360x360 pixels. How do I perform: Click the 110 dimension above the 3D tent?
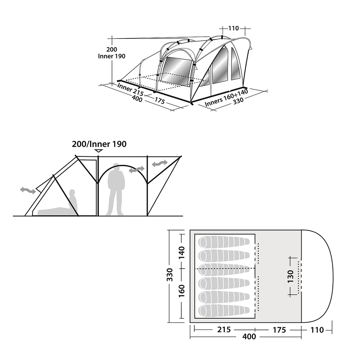[234, 28]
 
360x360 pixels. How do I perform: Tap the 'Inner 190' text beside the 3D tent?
[112, 56]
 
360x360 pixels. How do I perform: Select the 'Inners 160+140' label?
[226, 98]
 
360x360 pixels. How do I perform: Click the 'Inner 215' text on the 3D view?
[130, 90]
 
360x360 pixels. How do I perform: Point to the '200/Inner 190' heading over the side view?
[99, 144]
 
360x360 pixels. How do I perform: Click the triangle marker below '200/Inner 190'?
[99, 151]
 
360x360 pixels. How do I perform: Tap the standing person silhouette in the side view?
[116, 189]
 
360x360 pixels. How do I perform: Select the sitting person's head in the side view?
[72, 192]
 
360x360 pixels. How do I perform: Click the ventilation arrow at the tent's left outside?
[28, 190]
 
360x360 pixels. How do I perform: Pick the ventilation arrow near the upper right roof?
[160, 164]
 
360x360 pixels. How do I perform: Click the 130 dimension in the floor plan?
[290, 276]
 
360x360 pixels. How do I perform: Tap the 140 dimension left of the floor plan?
[182, 252]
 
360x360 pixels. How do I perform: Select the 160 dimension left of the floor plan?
[182, 291]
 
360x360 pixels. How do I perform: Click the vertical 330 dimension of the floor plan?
[170, 274]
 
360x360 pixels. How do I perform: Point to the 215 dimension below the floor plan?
[224, 330]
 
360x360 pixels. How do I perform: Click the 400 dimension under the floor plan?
[249, 336]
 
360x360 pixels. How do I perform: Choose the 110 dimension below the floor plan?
[317, 330]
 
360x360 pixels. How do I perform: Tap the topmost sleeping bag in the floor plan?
[224, 242]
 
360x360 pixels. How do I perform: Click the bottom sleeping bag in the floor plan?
[224, 311]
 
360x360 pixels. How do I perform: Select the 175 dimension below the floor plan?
[279, 330]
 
